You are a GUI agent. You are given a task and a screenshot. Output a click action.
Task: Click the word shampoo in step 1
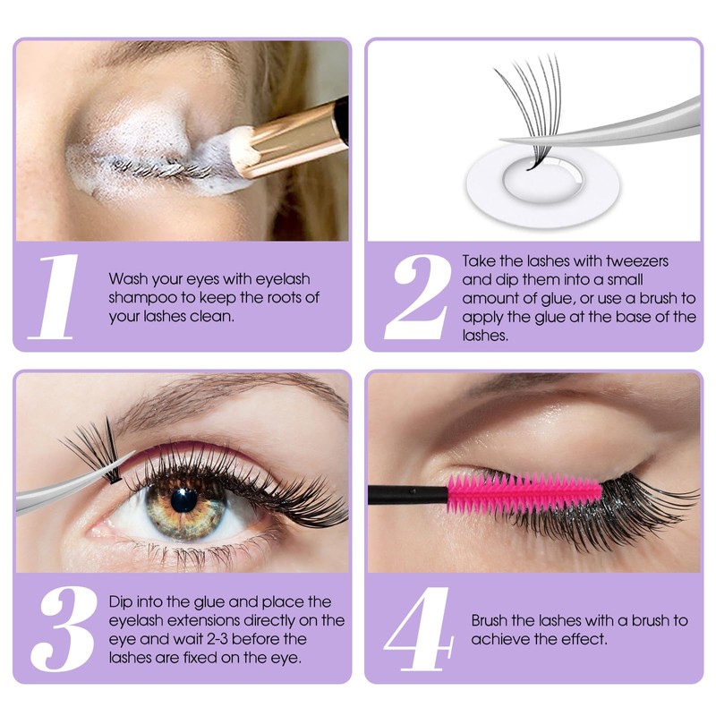pyautogui.click(x=139, y=297)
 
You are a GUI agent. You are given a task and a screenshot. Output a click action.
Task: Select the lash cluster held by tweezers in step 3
pyautogui.click(x=94, y=447)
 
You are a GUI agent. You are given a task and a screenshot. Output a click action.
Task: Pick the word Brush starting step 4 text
pyautogui.click(x=490, y=620)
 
